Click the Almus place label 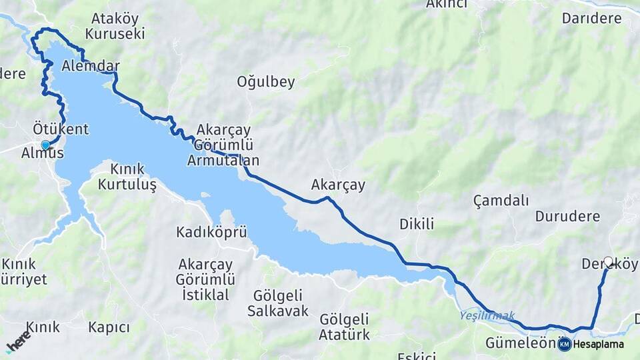43,154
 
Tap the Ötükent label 61,129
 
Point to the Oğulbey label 266,83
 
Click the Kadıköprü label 212,232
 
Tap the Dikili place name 417,224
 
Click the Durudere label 567,217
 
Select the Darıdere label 591,19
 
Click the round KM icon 565,344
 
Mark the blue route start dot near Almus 45,145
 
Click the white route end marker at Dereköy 608,262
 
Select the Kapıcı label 109,327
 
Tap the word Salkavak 278,311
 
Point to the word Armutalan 223,161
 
